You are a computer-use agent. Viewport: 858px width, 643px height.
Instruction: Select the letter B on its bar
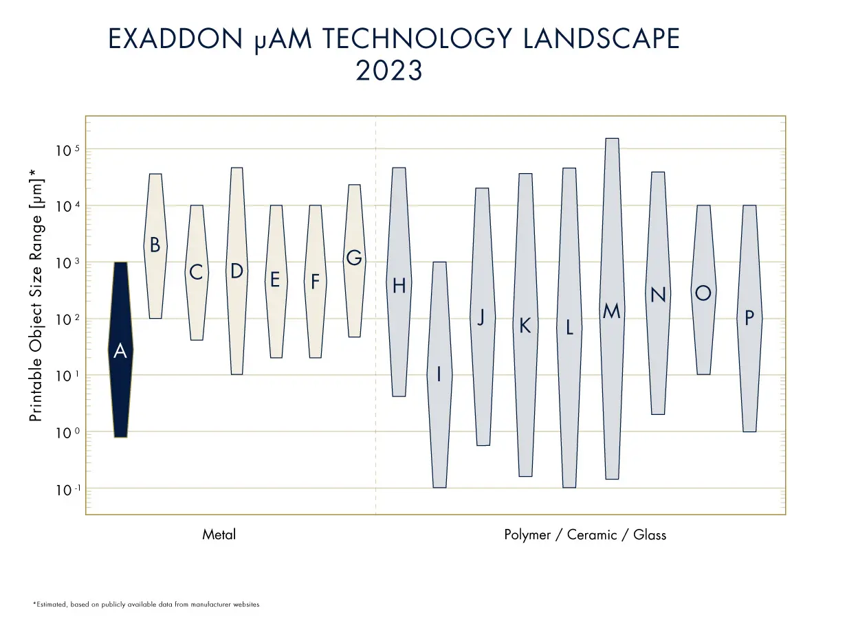click(155, 245)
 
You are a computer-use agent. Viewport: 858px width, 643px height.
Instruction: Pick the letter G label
click(354, 258)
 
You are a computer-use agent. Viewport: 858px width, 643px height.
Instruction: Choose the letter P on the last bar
click(749, 317)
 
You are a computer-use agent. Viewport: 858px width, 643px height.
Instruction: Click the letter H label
click(399, 286)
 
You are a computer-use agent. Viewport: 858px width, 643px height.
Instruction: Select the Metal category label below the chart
click(219, 534)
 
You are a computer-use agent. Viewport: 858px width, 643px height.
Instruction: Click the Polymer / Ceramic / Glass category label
click(585, 534)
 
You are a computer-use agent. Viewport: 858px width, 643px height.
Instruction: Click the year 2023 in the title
click(388, 71)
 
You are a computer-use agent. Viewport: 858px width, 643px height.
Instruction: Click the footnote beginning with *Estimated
click(146, 605)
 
